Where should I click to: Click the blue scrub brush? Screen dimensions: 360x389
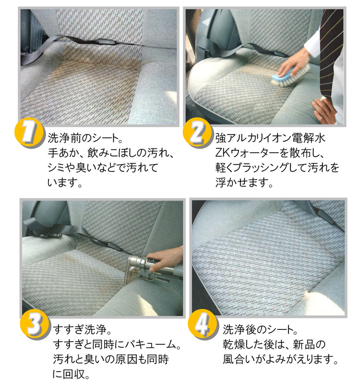click(x=290, y=75)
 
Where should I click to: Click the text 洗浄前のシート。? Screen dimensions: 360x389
click(x=85, y=138)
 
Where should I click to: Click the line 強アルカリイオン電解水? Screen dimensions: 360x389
click(x=270, y=138)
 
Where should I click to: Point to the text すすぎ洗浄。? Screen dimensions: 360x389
click(x=83, y=330)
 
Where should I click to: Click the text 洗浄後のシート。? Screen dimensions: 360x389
click(x=260, y=330)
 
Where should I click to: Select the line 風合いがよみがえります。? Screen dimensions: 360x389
click(x=280, y=359)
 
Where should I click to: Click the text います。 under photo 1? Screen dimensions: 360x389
click(x=65, y=182)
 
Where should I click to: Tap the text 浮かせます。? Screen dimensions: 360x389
click(x=244, y=182)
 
